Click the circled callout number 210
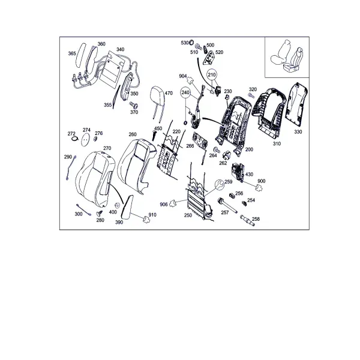coord(212,75)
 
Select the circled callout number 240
coord(185,92)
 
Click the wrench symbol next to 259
coord(219,184)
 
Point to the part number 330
coord(298,132)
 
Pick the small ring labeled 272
coord(75,139)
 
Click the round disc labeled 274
coord(86,140)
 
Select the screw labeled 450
coord(154,135)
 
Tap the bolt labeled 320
coord(251,95)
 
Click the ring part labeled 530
coord(191,42)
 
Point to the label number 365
coord(72,53)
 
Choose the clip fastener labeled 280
coord(100,214)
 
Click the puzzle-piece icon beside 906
coord(173,203)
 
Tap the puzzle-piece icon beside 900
coord(259,188)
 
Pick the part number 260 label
coord(133,134)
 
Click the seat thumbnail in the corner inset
coord(287,57)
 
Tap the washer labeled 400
coord(117,205)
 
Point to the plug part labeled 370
coord(134,105)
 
